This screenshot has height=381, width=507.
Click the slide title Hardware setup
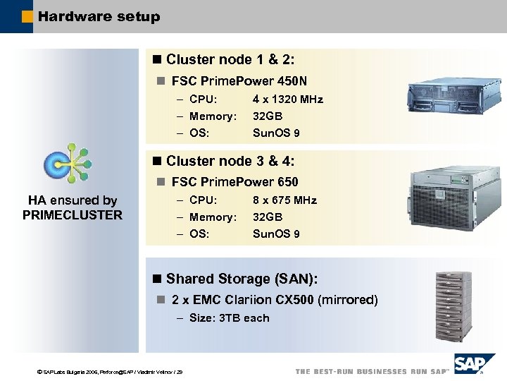pos(99,16)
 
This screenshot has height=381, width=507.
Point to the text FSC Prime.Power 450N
pos(239,81)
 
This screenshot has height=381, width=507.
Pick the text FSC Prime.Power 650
pos(234,182)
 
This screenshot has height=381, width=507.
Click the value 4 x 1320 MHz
pos(287,99)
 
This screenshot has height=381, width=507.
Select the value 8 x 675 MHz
pos(284,200)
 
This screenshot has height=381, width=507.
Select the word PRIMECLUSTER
pos(73,215)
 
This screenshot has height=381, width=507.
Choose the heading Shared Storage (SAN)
pos(238,279)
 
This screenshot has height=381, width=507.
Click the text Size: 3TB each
pos(229,318)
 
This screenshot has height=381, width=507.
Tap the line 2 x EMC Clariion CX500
pos(274,300)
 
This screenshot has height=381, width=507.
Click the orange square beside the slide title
pos(27,16)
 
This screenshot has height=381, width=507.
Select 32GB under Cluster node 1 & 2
pos(268,116)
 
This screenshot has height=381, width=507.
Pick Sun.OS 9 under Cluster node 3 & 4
pos(276,234)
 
